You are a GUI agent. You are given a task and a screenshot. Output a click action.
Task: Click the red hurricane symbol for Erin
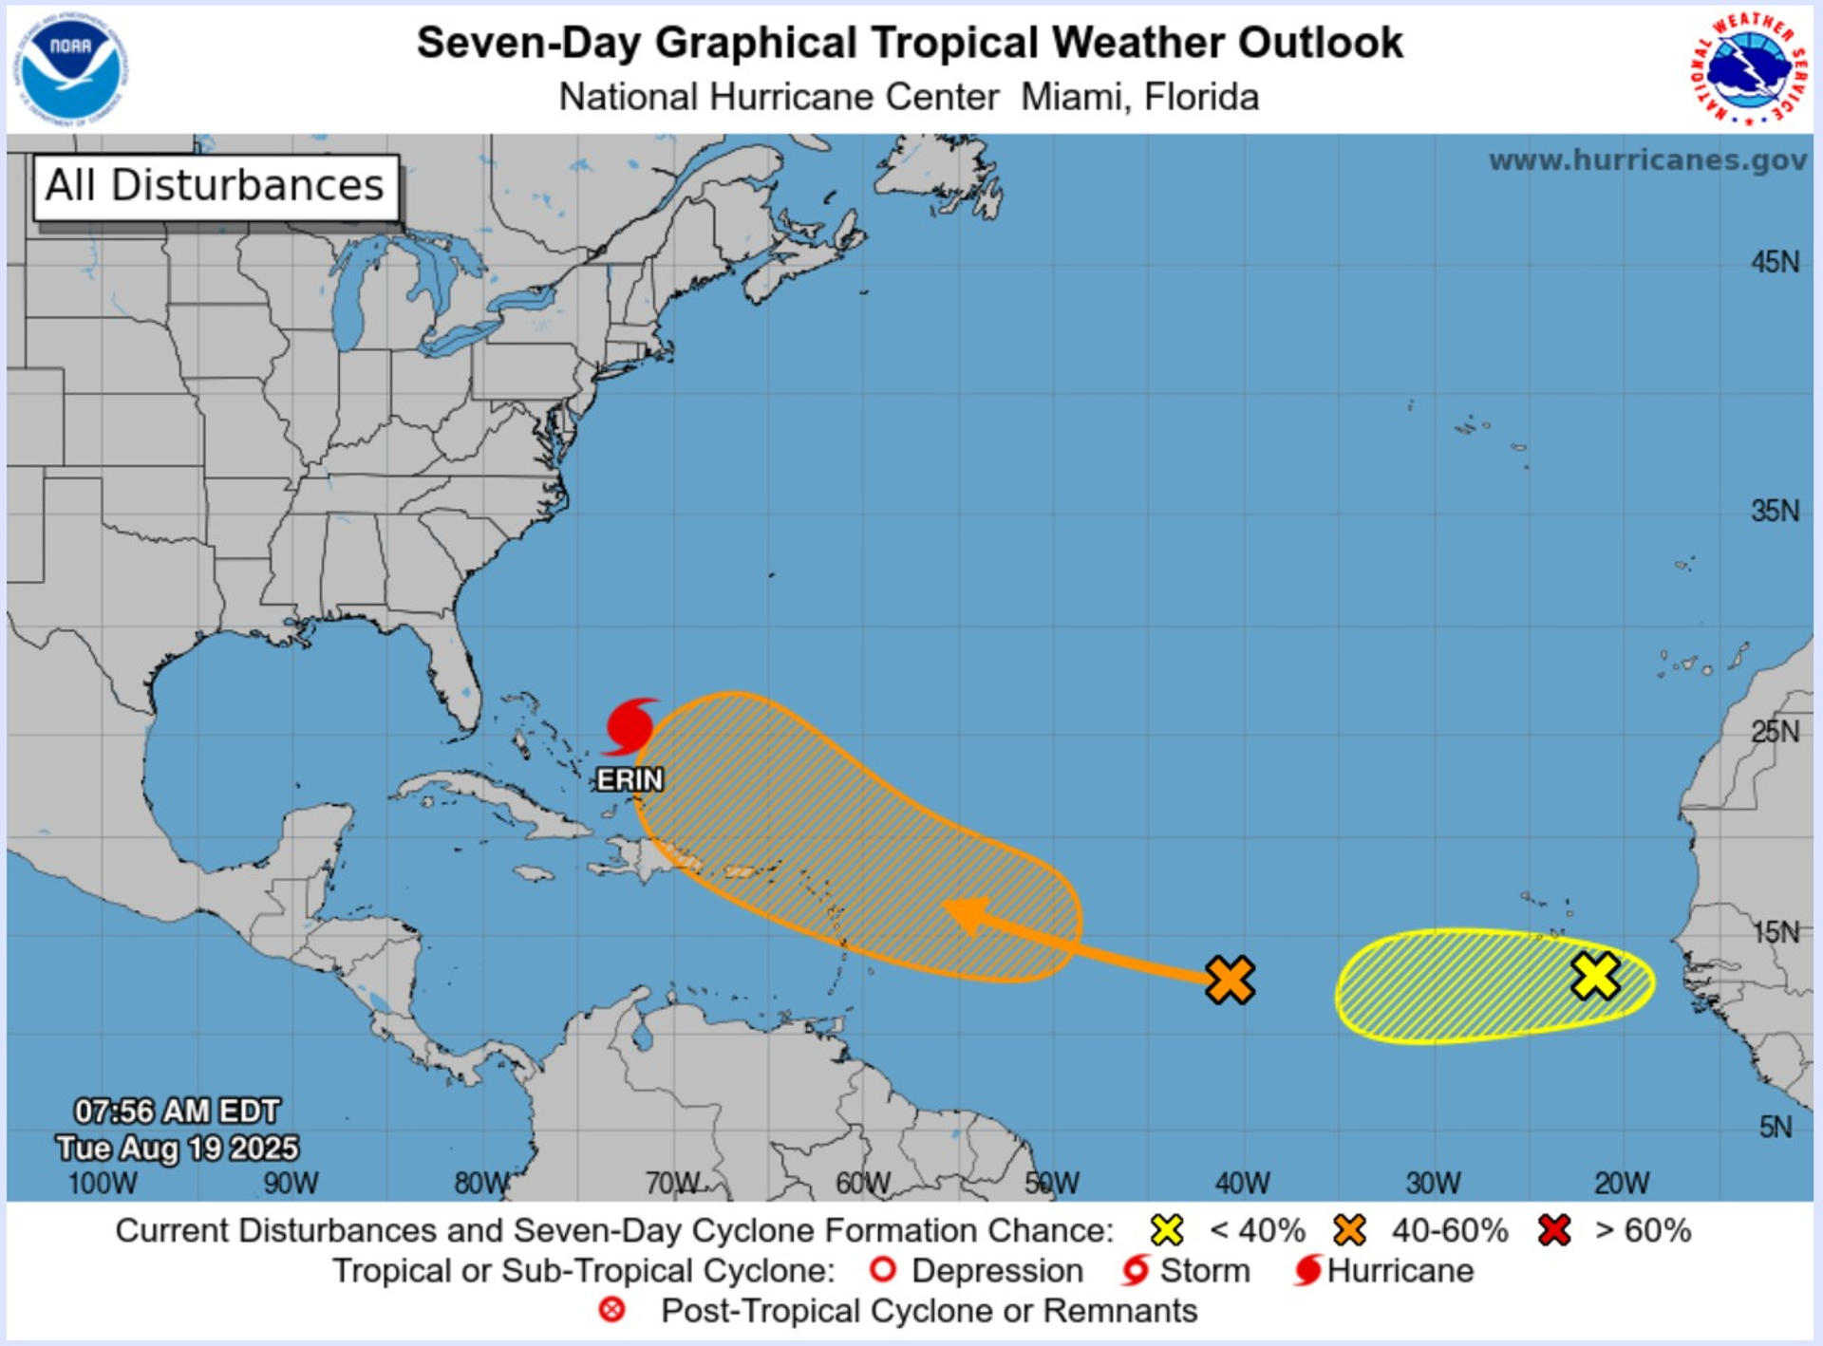(x=629, y=726)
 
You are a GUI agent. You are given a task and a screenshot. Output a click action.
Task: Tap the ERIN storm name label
(x=630, y=779)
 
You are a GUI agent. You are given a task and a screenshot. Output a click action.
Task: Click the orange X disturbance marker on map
(x=1230, y=980)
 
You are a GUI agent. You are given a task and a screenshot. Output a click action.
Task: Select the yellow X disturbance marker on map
(x=1595, y=976)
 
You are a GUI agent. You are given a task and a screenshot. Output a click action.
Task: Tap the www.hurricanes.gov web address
(x=1647, y=159)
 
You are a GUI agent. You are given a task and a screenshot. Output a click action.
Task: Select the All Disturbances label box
(x=216, y=186)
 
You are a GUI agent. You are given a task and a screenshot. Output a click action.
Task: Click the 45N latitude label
(x=1775, y=262)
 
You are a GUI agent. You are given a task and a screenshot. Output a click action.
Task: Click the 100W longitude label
(x=103, y=1183)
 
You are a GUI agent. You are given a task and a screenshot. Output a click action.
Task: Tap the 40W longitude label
(x=1242, y=1183)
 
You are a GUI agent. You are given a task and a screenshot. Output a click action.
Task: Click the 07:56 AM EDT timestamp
(x=178, y=1111)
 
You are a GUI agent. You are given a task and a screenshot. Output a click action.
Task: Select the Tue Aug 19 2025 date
(x=178, y=1148)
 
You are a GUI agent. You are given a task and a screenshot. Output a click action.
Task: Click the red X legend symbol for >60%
(x=1554, y=1230)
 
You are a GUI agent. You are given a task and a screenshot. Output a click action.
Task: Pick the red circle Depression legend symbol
(x=883, y=1270)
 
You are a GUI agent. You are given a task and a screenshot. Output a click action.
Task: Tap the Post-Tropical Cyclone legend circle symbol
(x=612, y=1310)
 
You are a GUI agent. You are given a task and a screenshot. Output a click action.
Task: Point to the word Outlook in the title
(x=1320, y=43)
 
